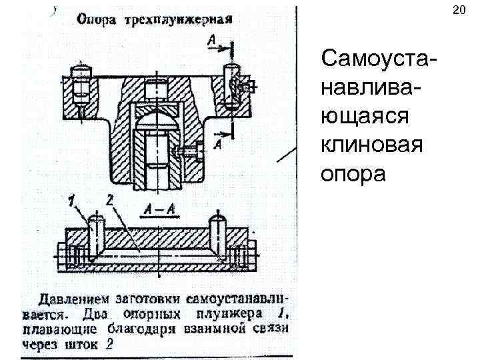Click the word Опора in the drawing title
[97, 19]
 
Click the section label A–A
[159, 211]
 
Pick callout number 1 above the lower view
[71, 199]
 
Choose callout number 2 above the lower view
[111, 199]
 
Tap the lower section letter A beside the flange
[219, 143]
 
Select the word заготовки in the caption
[147, 297]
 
